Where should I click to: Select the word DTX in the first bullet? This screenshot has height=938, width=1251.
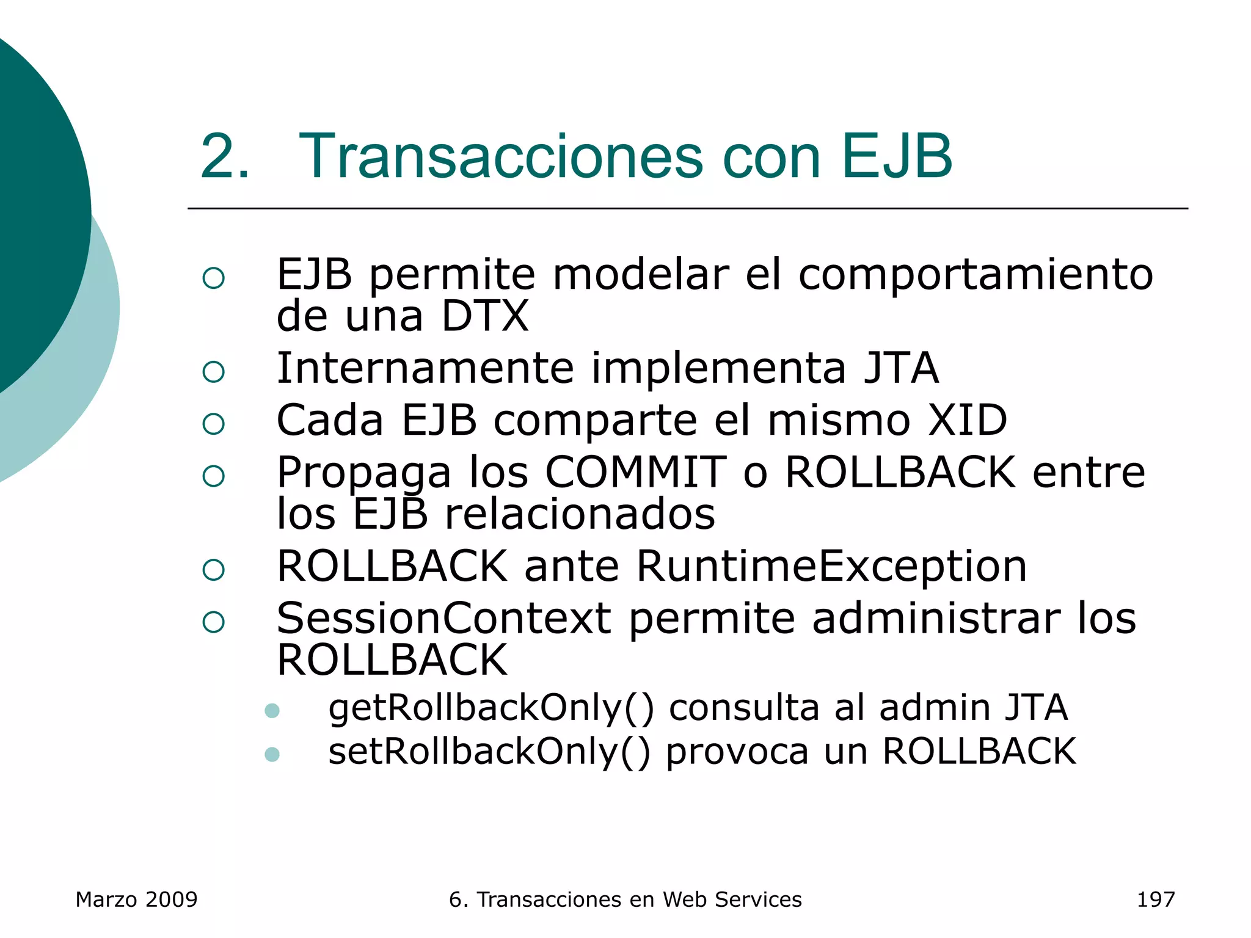click(x=484, y=316)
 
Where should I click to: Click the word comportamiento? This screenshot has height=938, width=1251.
click(x=976, y=275)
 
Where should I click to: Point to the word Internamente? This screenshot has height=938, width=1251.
click(x=425, y=368)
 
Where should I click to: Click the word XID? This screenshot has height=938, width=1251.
click(x=968, y=420)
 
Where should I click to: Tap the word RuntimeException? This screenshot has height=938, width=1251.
click(x=831, y=566)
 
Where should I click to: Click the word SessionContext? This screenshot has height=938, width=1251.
click(x=443, y=619)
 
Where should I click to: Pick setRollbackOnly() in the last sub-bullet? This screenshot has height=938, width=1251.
click(x=489, y=752)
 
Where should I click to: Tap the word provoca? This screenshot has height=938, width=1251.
click(x=737, y=752)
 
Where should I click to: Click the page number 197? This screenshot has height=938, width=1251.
click(x=1155, y=900)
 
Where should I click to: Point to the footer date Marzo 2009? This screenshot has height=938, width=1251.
click(x=136, y=900)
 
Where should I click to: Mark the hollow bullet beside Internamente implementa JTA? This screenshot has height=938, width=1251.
click(x=213, y=371)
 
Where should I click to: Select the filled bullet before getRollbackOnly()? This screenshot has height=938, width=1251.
click(x=272, y=711)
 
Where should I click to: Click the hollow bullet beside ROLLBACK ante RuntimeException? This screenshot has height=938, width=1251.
click(x=213, y=570)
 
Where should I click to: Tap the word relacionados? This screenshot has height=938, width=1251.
click(x=580, y=514)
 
